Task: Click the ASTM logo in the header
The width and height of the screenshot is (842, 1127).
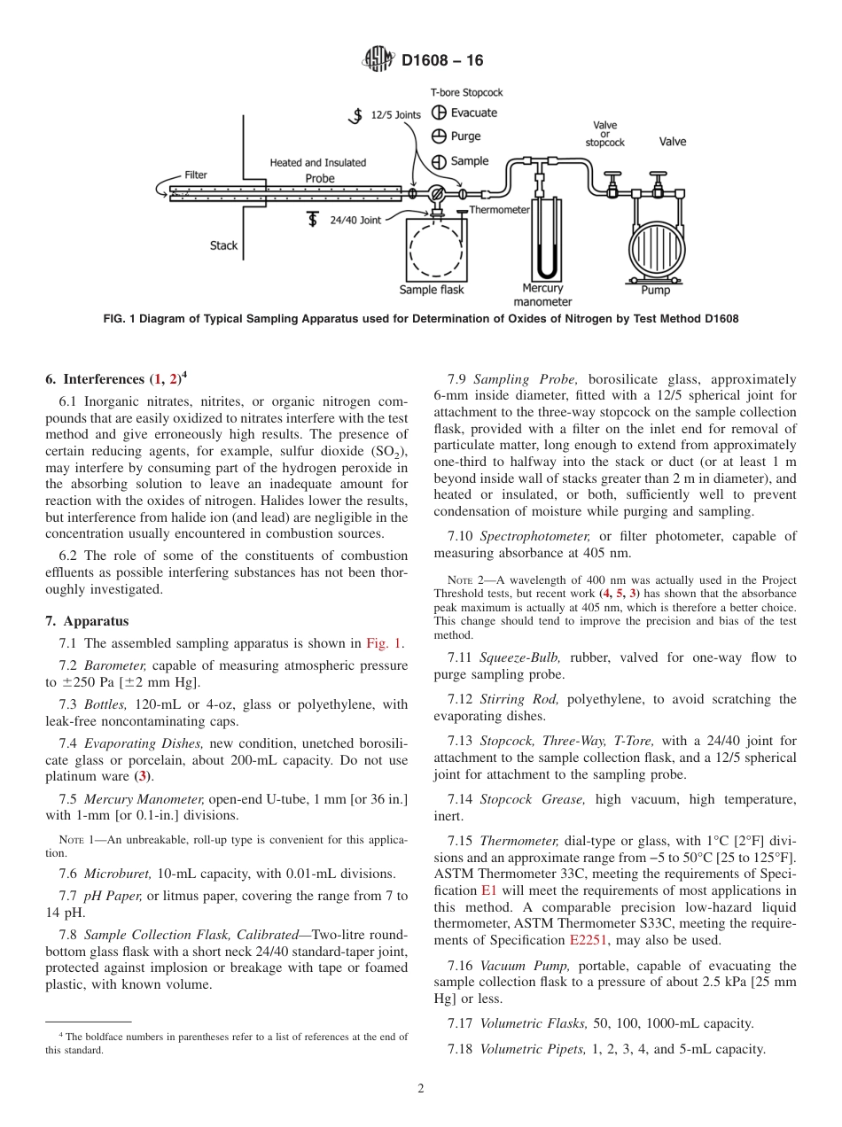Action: [378, 60]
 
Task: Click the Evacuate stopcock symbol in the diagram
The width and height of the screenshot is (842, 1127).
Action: [438, 113]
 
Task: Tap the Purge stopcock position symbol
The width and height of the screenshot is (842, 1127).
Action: [438, 136]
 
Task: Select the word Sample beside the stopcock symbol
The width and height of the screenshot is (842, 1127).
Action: [470, 161]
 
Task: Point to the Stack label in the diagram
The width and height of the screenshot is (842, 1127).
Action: [223, 245]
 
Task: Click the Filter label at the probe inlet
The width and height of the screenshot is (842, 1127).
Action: [196, 175]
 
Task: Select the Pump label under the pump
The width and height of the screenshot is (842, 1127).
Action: [656, 290]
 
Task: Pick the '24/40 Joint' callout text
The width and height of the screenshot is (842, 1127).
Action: [355, 220]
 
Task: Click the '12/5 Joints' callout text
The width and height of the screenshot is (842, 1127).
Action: [395, 114]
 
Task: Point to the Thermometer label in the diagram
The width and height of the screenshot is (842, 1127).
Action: [499, 210]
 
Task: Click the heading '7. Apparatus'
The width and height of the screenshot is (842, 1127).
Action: [87, 621]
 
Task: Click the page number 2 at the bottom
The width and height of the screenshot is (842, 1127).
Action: [421, 1089]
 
